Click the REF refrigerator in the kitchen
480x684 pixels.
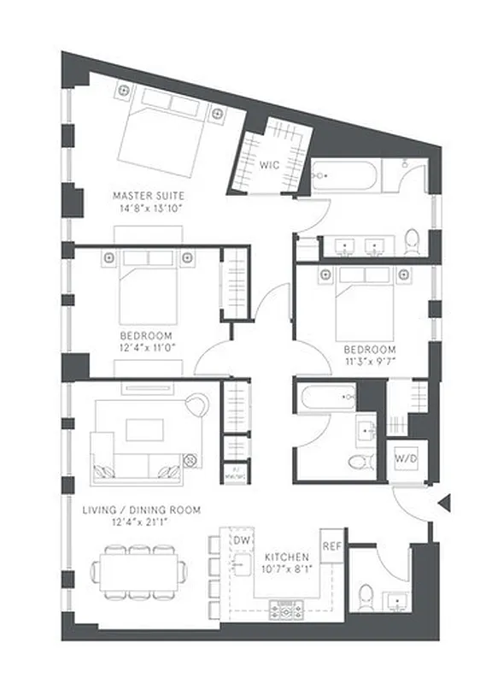[x=331, y=544]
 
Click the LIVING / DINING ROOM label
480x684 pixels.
[x=141, y=510]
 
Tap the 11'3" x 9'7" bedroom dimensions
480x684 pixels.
[x=370, y=362]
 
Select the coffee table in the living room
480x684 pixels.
[x=143, y=429]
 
